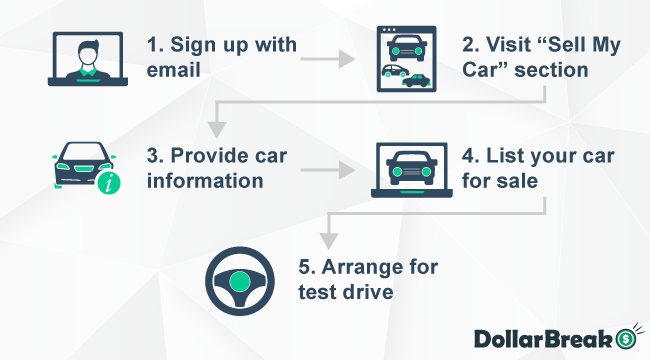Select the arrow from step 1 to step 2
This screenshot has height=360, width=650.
(330, 59)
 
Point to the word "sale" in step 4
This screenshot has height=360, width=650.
(519, 182)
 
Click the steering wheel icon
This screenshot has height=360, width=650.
(237, 281)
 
